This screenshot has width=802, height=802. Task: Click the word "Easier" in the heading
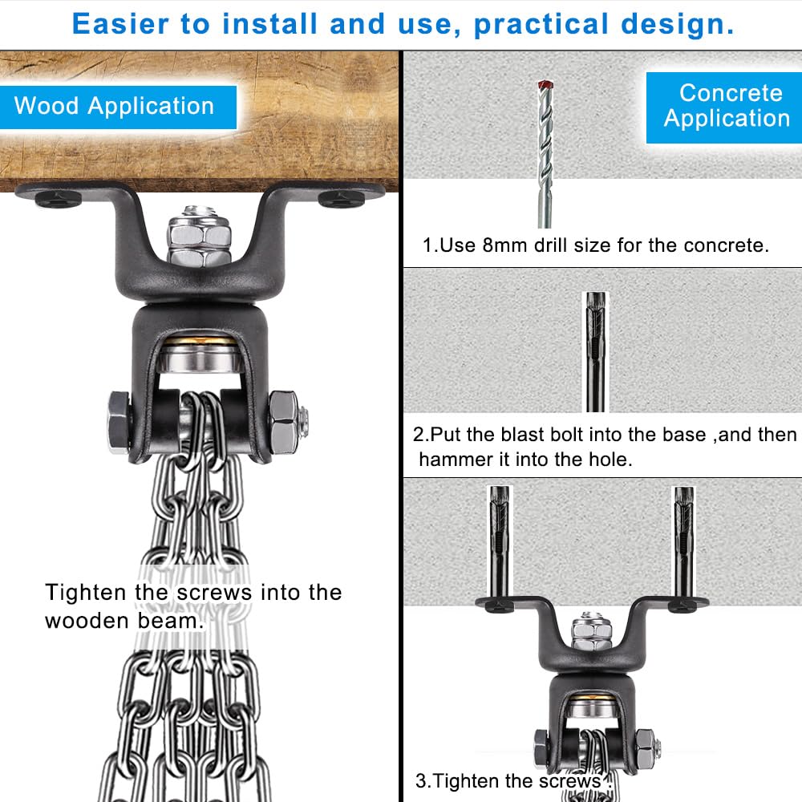[120, 24]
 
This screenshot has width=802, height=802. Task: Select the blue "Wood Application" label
[118, 107]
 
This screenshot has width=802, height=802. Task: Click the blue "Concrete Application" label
[724, 107]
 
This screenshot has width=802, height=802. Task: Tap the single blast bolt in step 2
[595, 352]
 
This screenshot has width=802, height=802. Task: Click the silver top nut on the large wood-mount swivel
[200, 237]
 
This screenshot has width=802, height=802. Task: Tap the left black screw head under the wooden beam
[59, 198]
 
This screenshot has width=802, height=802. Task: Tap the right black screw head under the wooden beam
[342, 198]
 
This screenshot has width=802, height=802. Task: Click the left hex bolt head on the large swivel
[119, 423]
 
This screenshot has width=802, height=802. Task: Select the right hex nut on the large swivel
[283, 422]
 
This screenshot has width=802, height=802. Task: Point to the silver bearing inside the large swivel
[200, 357]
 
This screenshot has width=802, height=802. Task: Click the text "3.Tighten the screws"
[508, 781]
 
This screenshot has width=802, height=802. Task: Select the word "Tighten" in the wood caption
[86, 593]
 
